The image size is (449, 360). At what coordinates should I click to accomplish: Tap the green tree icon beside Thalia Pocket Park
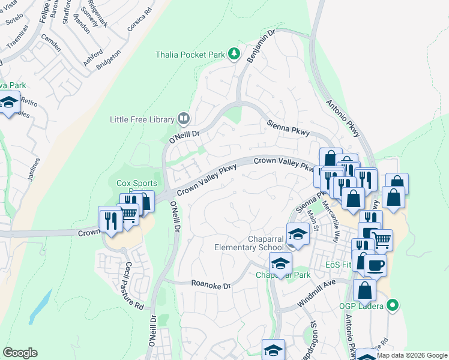[234, 55]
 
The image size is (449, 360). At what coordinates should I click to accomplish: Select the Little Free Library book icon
[184, 119]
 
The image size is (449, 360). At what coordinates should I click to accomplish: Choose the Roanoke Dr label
[211, 285]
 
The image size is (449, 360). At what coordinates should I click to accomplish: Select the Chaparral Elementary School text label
[249, 242]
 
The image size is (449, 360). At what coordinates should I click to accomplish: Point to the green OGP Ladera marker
[393, 305]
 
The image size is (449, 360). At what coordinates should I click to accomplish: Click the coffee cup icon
[375, 265]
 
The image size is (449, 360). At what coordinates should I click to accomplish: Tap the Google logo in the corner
[20, 353]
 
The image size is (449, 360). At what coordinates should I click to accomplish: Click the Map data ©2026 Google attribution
[411, 355]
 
